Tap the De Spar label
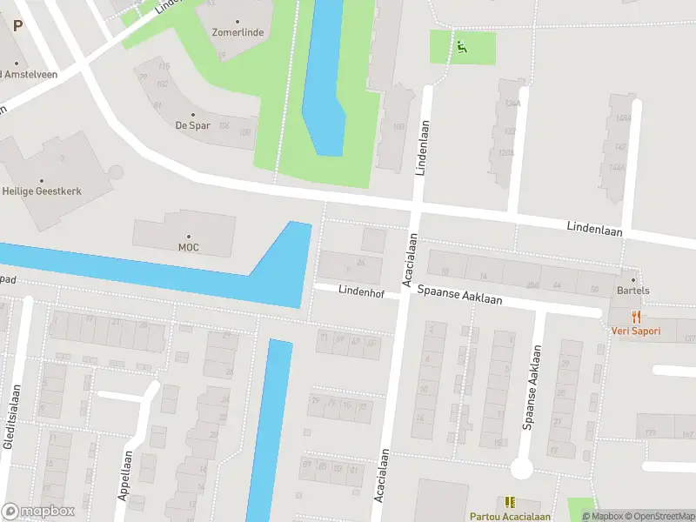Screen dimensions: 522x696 tap(192, 125)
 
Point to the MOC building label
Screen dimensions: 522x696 tap(189, 247)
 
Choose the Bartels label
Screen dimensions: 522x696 tap(632, 291)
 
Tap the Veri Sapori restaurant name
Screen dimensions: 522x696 tap(635, 331)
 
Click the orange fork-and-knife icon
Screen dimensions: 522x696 tap(636, 317)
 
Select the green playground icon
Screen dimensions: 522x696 tap(461, 47)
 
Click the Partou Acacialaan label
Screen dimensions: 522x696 tap(509, 516)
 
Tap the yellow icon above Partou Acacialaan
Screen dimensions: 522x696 tap(509, 502)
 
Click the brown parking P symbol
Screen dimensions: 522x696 tap(17, 25)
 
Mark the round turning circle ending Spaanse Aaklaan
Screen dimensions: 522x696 tap(521, 469)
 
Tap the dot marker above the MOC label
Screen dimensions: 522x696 tap(189, 236)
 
